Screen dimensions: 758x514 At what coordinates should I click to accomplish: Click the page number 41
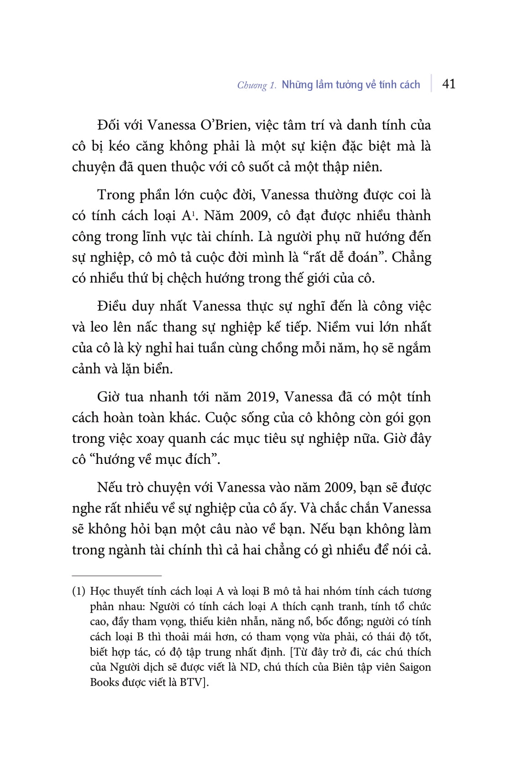[449, 84]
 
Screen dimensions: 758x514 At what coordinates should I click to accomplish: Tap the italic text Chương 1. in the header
[257, 85]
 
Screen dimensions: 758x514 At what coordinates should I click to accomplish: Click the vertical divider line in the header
[431, 83]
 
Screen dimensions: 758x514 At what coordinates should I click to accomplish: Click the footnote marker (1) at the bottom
[79, 592]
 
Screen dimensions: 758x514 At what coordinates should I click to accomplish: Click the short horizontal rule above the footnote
[117, 576]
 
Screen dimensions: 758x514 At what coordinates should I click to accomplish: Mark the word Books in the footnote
[105, 683]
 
